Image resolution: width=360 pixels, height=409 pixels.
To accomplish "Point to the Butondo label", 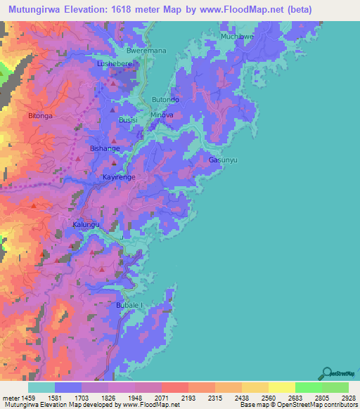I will pyautogui.click(x=166, y=100).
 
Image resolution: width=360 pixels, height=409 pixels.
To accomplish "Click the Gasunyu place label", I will pyautogui.click(x=222, y=160).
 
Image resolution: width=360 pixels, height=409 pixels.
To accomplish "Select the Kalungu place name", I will pyautogui.click(x=86, y=225).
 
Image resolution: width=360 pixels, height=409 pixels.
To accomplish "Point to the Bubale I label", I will pyautogui.click(x=129, y=306).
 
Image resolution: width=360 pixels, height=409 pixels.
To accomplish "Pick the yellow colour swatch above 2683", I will pyautogui.click(x=281, y=387).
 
